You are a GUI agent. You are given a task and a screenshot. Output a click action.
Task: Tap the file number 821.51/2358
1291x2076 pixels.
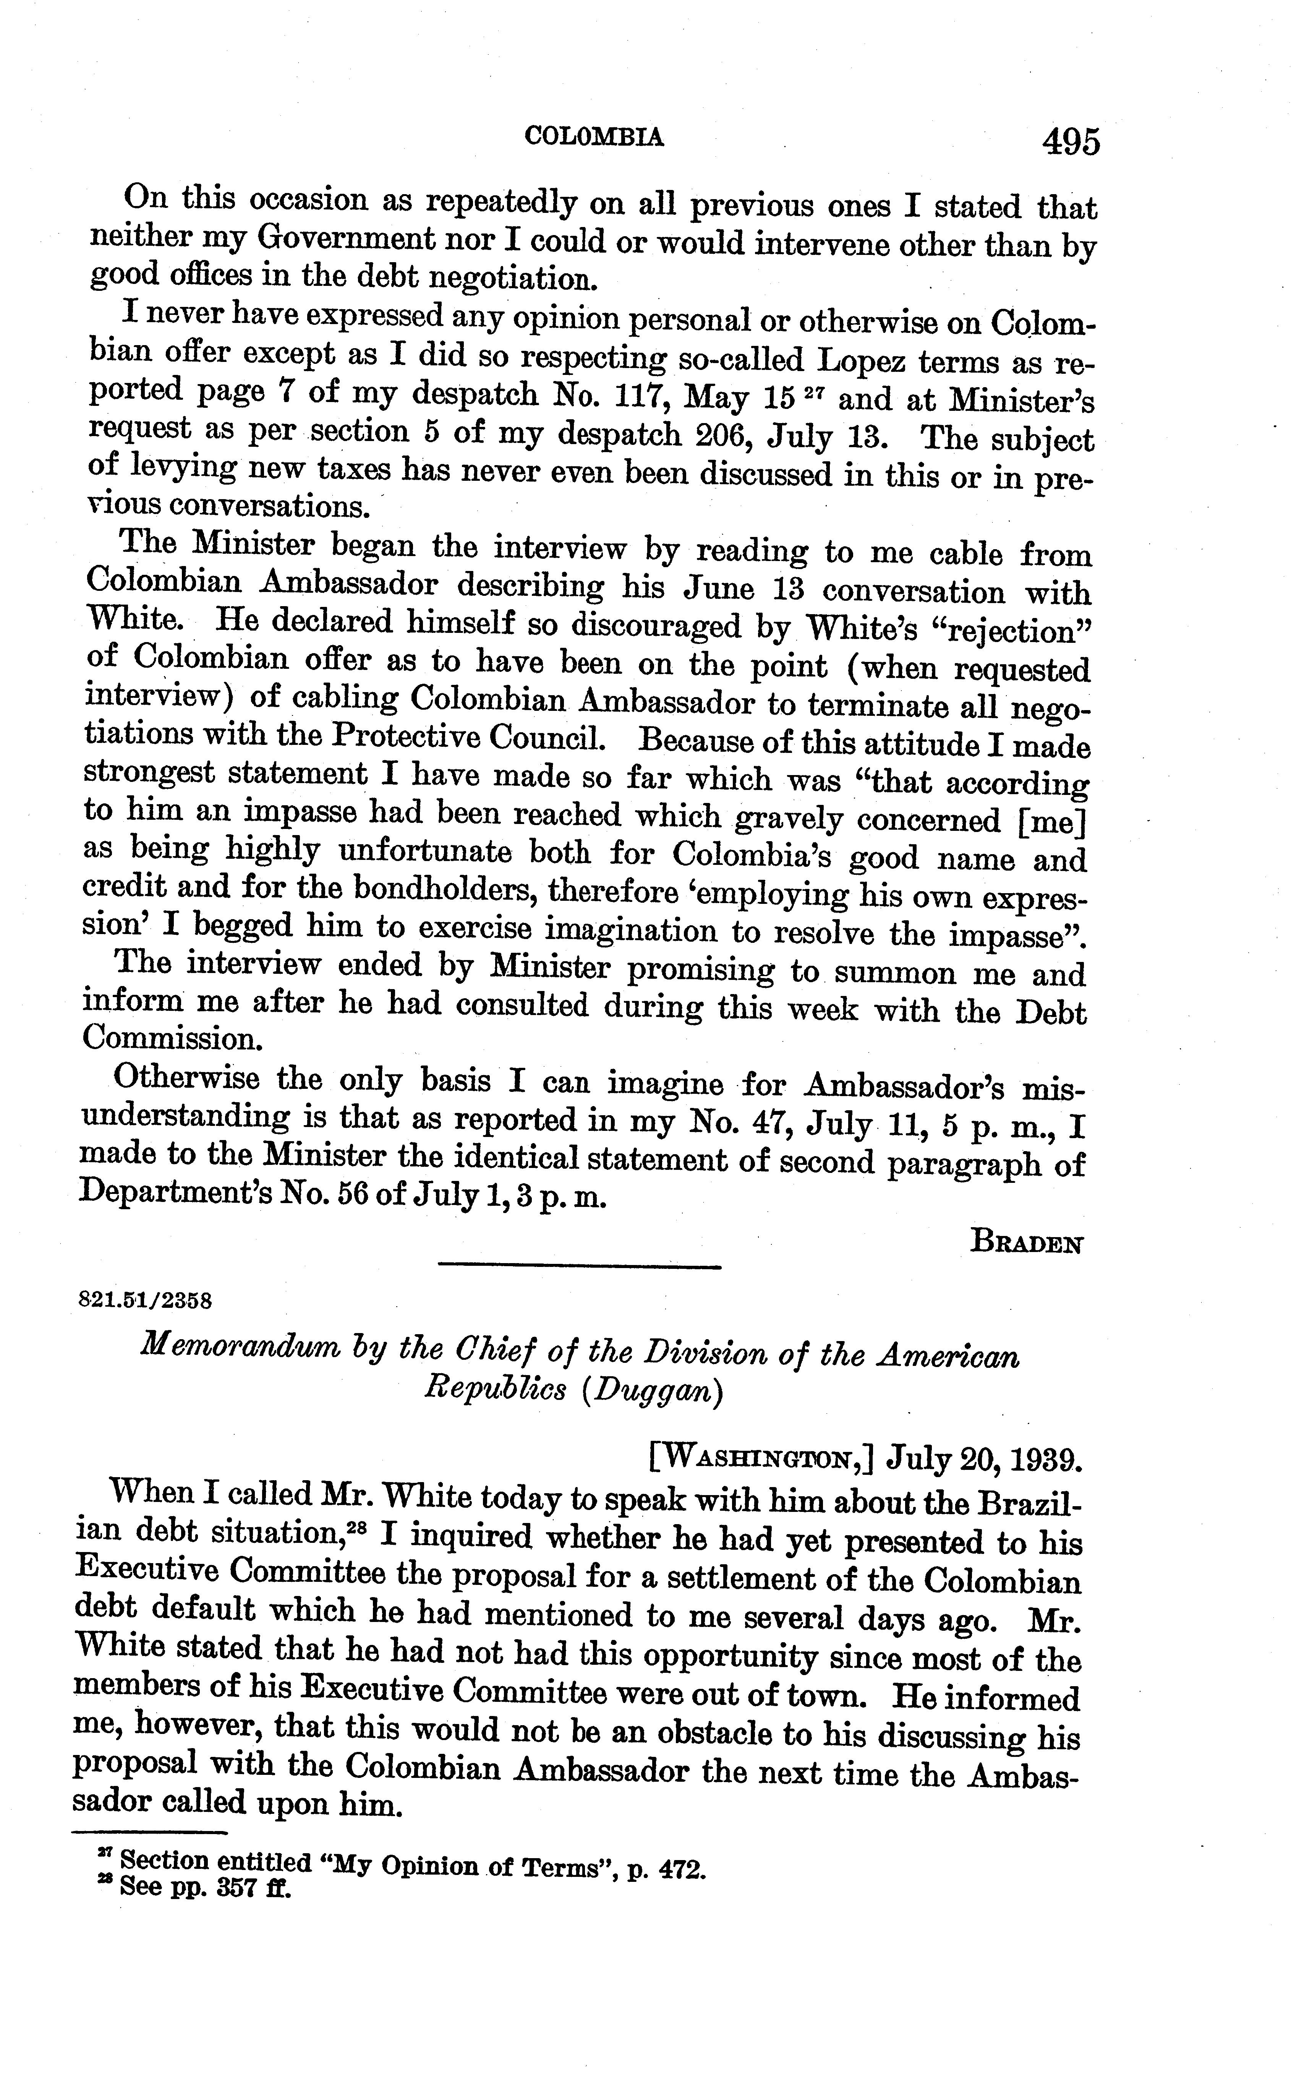point(144,1301)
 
